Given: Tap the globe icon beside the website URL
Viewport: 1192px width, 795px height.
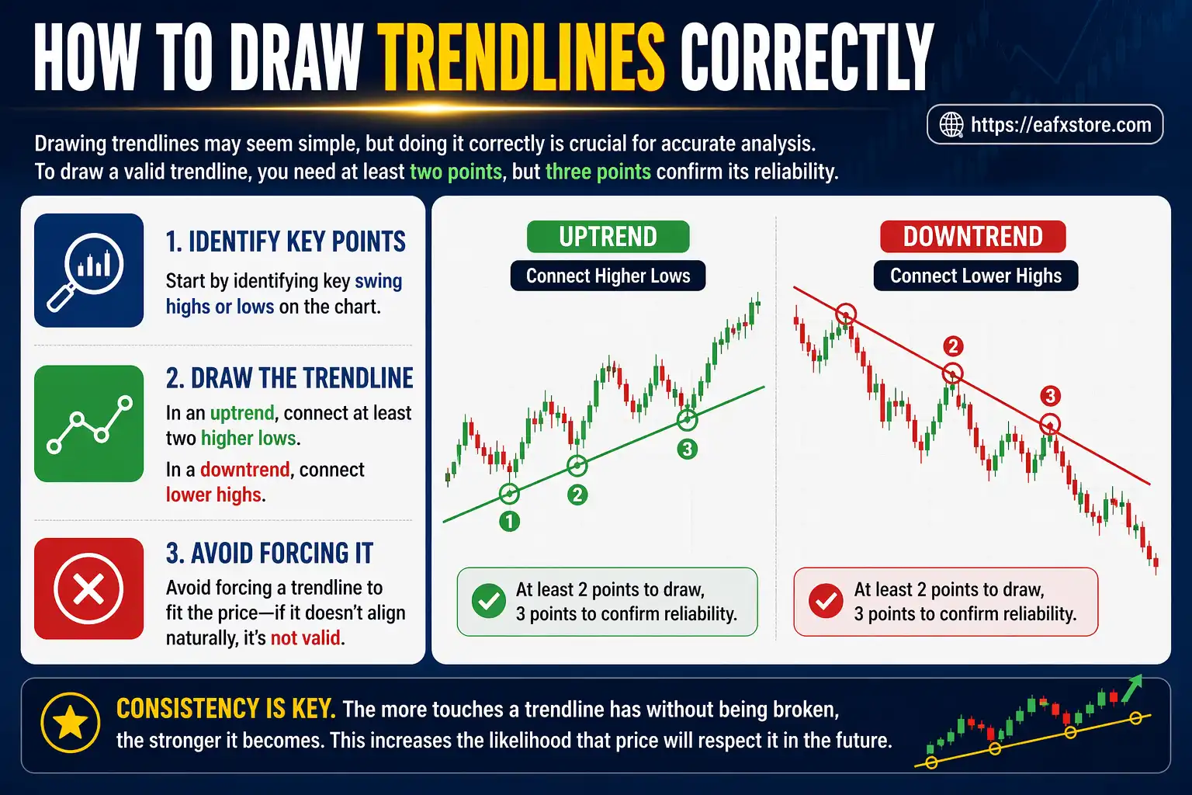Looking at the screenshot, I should [951, 124].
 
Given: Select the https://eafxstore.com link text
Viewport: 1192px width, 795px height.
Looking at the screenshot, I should [1061, 124].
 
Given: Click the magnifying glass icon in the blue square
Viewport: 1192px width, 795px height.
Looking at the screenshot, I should [88, 269].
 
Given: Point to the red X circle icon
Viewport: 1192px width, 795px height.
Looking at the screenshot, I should [88, 588].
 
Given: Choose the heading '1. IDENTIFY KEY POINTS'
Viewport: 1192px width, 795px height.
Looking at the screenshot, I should [286, 241].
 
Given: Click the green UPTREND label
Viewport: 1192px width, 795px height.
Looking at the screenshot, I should [608, 237].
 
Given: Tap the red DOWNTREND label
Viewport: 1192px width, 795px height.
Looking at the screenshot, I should [972, 237].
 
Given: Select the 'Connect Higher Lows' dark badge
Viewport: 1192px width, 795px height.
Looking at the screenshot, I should [608, 276].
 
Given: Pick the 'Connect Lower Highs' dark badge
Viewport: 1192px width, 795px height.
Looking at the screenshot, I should [975, 276].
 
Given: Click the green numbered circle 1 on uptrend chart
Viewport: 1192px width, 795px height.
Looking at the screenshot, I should [509, 521].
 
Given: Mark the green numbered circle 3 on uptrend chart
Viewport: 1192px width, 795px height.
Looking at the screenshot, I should [687, 449].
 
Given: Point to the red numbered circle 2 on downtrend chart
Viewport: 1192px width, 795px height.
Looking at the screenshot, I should [953, 346].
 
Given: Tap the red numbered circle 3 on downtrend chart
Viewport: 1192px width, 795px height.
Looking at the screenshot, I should [1050, 396].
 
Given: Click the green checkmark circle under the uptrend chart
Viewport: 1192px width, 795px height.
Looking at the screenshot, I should [489, 602].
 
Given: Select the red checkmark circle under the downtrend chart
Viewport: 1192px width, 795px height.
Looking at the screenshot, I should [826, 602].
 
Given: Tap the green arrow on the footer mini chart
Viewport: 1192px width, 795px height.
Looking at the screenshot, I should [1133, 686].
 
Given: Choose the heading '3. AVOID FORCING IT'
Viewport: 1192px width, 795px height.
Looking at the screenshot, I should [269, 553].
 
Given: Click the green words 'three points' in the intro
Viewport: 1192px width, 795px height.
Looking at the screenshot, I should [598, 172].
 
